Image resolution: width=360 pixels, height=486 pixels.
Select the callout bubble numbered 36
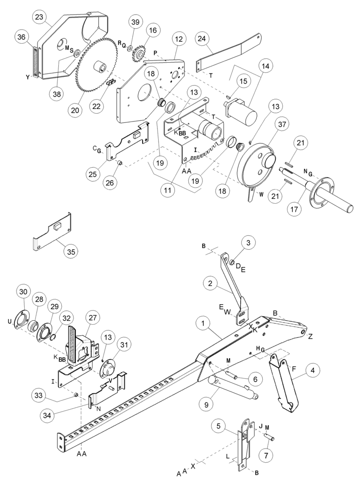pos(21,37)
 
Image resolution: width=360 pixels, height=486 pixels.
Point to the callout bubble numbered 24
pos(204,38)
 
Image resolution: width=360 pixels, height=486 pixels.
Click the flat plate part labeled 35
pos(53,233)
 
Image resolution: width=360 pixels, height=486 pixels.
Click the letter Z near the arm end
pos(310,336)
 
